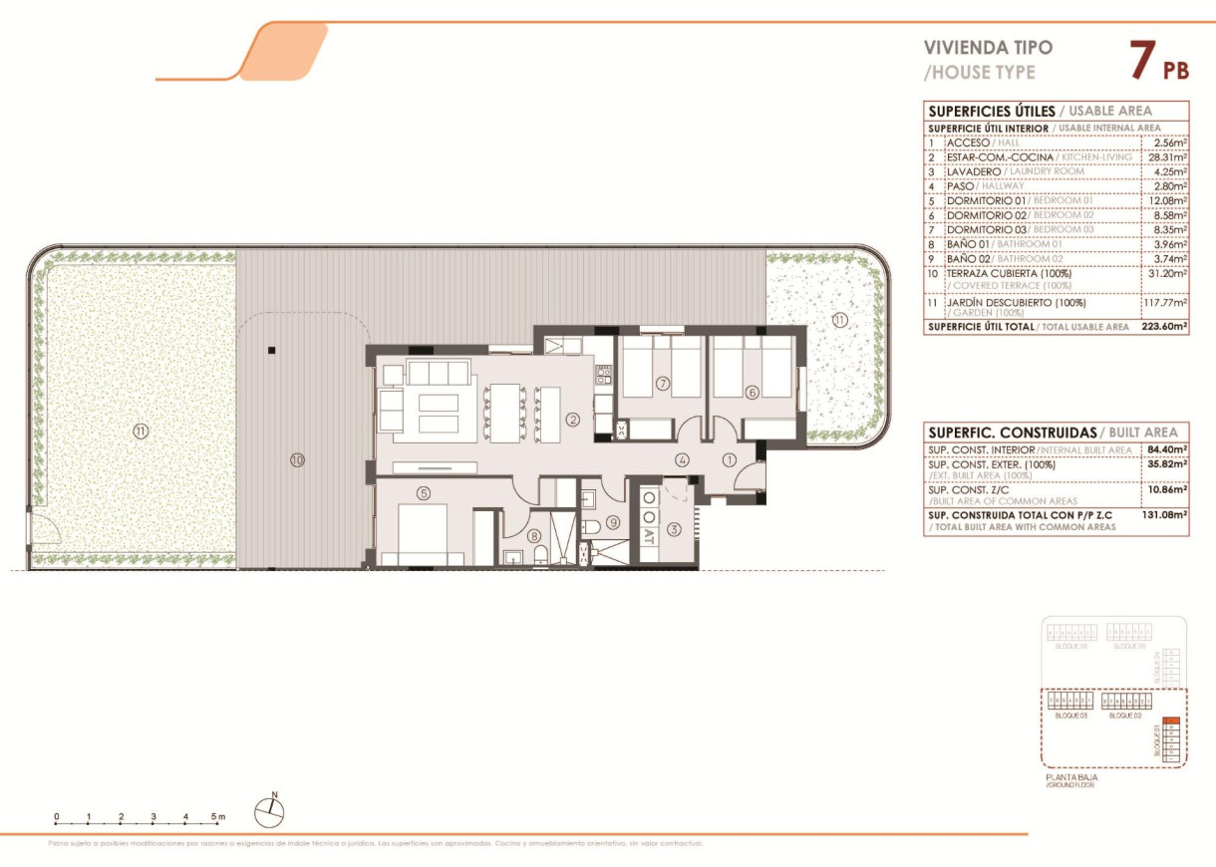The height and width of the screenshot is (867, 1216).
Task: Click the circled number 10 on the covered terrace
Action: (296, 460)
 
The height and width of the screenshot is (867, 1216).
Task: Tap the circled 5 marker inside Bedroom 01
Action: (424, 492)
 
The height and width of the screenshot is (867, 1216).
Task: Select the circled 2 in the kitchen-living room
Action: (573, 420)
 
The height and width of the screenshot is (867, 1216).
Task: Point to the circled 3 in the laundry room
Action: (674, 529)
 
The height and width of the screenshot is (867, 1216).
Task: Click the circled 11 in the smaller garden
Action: (839, 320)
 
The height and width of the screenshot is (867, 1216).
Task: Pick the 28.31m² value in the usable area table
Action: (1166, 157)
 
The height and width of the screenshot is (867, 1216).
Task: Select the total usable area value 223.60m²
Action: (1164, 326)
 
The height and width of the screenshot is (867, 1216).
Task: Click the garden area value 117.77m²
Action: (1165, 302)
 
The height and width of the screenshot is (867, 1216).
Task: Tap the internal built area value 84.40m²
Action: (1167, 450)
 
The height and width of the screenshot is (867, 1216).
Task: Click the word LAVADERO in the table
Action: (974, 171)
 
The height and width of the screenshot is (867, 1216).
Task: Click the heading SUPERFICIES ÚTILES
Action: (991, 111)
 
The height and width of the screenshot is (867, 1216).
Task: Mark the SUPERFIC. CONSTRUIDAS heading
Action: (1012, 433)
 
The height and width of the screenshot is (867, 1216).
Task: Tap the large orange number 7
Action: (1142, 60)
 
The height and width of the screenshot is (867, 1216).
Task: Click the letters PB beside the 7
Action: (1176, 70)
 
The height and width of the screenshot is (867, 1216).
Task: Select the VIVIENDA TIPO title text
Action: (988, 47)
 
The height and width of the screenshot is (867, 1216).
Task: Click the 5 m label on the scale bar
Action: (218, 816)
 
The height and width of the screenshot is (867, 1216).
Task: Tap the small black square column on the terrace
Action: (271, 350)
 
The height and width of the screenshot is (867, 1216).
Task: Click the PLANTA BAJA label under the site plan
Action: (1071, 776)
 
